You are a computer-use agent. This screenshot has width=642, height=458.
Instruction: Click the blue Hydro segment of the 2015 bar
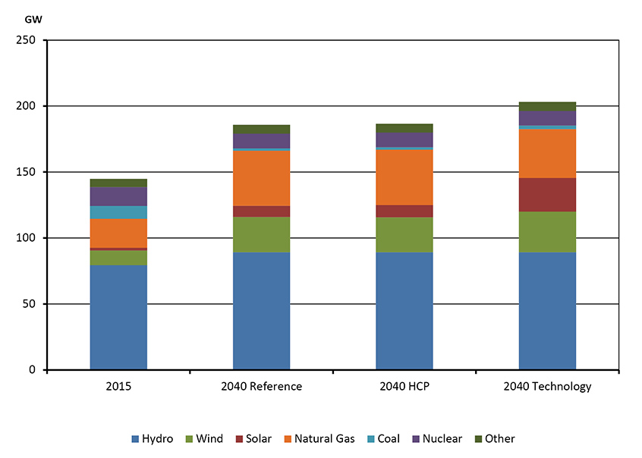tap(118, 317)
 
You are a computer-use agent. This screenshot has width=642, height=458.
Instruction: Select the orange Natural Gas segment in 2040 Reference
tap(261, 178)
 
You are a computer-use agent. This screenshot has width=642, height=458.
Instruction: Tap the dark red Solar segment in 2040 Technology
tap(547, 195)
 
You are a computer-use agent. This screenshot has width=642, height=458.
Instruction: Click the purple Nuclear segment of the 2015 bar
tap(118, 196)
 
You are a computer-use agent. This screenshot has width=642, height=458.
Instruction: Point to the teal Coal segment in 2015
tap(118, 212)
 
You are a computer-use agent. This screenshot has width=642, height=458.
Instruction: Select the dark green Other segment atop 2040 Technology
tap(547, 106)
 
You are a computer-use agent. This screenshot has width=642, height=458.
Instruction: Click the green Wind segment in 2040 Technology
tap(547, 232)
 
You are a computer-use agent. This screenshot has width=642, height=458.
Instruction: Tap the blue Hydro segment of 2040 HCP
tap(404, 311)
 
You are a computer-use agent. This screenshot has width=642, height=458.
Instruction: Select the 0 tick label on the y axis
tap(33, 370)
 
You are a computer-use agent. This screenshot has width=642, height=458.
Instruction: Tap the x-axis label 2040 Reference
tap(261, 387)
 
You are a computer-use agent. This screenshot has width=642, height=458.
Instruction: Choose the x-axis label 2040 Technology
tap(547, 387)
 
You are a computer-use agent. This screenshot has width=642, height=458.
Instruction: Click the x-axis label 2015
tap(118, 387)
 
